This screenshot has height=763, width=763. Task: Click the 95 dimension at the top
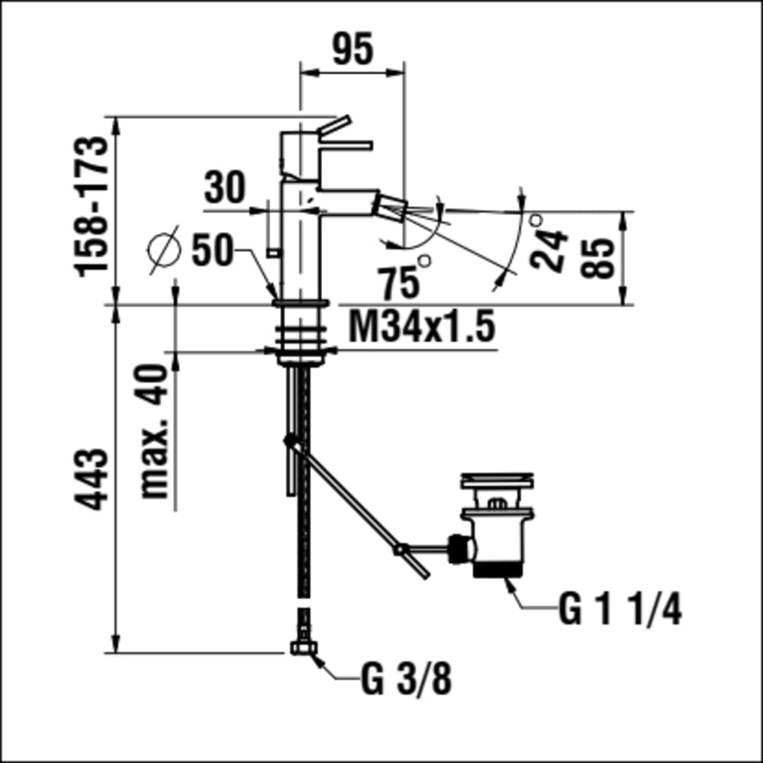click(353, 48)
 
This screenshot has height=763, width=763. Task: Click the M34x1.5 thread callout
click(421, 327)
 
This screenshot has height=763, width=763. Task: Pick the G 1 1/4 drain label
click(620, 609)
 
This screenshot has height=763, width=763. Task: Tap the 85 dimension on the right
click(597, 258)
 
